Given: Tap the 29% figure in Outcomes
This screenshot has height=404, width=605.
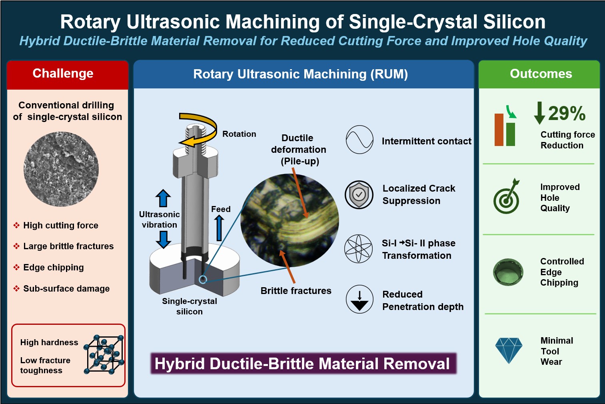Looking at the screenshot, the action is click(x=567, y=114).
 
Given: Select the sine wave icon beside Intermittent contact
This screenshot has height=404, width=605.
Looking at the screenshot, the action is click(x=359, y=140).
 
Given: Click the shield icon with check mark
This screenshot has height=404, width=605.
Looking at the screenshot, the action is click(x=359, y=194).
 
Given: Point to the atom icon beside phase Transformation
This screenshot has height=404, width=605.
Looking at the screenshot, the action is click(x=358, y=249).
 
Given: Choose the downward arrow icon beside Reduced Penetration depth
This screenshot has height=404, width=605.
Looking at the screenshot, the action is click(x=359, y=299).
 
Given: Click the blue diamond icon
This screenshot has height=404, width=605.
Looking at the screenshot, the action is click(x=509, y=350).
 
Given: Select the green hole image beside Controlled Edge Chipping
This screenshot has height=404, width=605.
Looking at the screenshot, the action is click(x=508, y=272).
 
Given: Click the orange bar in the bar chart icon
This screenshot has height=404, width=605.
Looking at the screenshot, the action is click(x=499, y=130).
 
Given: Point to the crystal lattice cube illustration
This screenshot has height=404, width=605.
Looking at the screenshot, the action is click(x=104, y=354).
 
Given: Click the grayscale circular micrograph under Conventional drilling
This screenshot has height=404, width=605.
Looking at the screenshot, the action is click(x=61, y=169).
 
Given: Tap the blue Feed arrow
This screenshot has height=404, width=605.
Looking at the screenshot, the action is click(x=219, y=228).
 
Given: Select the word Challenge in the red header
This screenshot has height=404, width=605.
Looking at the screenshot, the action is click(x=63, y=74).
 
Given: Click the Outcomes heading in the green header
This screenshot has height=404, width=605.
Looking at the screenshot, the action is click(x=541, y=74).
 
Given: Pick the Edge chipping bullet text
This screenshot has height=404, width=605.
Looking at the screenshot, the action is click(x=54, y=267).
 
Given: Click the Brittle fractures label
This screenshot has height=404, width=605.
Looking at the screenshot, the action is click(x=296, y=291).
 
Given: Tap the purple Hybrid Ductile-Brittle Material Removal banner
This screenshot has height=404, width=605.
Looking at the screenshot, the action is click(x=303, y=364).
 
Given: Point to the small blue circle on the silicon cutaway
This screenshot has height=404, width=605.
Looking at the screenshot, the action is click(x=203, y=280).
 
